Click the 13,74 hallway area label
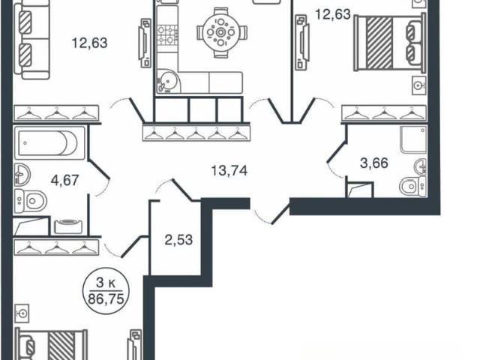coord(229,170)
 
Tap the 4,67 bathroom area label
coord(65,180)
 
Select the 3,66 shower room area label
coord(374,163)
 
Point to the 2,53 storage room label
coord(178,240)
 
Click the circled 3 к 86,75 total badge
coord(106,292)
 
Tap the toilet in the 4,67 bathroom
coord(30,201)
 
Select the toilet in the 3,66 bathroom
coord(412,187)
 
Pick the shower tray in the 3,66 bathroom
coord(413,139)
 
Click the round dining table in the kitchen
coord(220,32)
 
